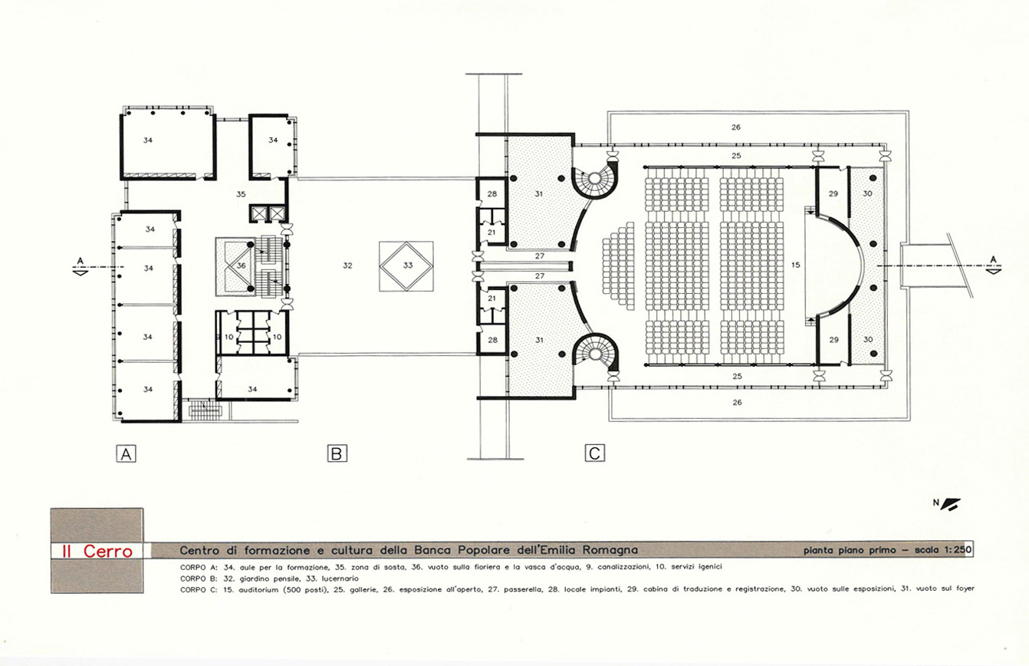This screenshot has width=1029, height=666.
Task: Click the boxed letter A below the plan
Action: pyautogui.click(x=126, y=454)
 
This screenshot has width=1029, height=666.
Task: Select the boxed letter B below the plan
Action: pyautogui.click(x=337, y=453)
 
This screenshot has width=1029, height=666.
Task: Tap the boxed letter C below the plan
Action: pyautogui.click(x=594, y=453)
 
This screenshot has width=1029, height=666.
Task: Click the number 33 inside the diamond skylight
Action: pyautogui.click(x=407, y=265)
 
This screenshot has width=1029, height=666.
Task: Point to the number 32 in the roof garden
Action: pyautogui.click(x=347, y=265)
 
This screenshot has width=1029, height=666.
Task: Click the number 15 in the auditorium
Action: pyautogui.click(x=796, y=265)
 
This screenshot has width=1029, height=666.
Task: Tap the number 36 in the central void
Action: pyautogui.click(x=242, y=265)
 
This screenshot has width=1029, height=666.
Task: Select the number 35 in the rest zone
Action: pyautogui.click(x=241, y=194)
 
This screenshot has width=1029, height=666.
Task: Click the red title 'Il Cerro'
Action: pyautogui.click(x=97, y=551)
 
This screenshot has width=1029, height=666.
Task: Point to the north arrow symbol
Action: pyautogui.click(x=949, y=504)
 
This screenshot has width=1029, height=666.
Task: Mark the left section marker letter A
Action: pyautogui.click(x=81, y=261)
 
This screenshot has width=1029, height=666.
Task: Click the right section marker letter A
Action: pyautogui.click(x=993, y=259)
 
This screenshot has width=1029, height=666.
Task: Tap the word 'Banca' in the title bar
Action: pyautogui.click(x=430, y=549)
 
